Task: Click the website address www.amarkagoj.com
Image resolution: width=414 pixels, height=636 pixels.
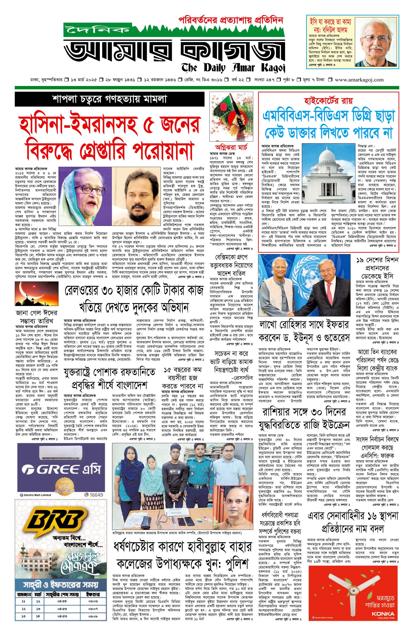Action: (359, 80)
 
